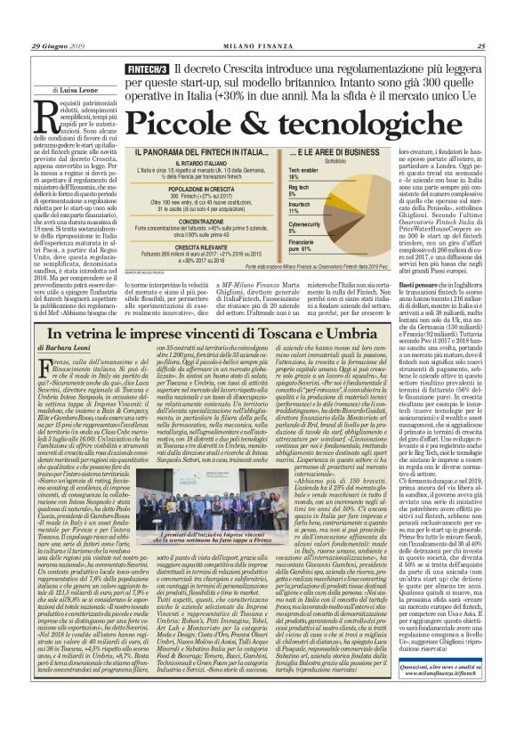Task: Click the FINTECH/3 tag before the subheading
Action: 148,68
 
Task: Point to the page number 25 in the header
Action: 480,46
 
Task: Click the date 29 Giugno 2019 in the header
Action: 55,46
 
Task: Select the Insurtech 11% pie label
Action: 300,207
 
